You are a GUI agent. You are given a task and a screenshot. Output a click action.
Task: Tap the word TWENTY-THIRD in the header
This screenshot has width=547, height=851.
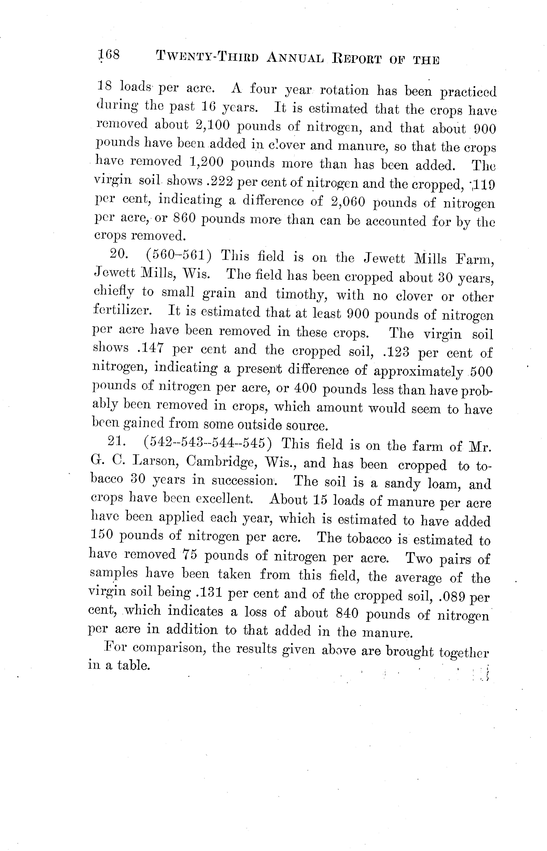[x=207, y=57]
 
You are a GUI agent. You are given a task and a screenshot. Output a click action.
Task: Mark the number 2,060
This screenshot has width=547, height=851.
[x=348, y=202]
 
